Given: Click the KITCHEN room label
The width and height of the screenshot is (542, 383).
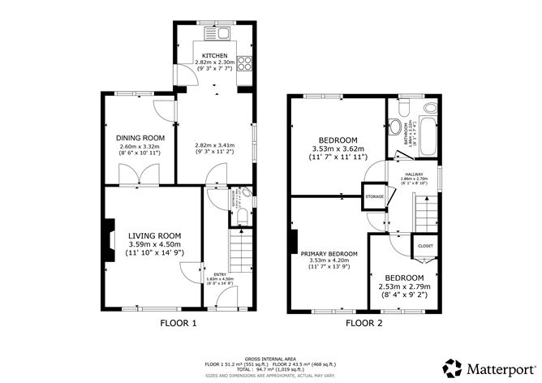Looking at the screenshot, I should tap(215, 55).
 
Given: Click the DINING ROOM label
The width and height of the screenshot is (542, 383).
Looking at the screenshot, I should tap(140, 137).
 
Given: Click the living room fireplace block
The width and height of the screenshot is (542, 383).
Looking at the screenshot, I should tap(108, 243).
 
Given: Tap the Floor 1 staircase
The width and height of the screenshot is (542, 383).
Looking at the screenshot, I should tap(239, 251).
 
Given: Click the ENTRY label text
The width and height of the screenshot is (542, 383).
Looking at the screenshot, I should tap(220, 273).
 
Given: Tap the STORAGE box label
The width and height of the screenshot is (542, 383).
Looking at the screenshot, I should tap(374, 196).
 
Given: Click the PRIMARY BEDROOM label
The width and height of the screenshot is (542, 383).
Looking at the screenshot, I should tap(329, 253).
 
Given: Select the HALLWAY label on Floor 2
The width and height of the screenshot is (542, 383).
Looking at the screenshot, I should tap(415, 173).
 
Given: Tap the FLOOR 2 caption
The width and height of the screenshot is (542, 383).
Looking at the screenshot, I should tap(364, 323).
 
